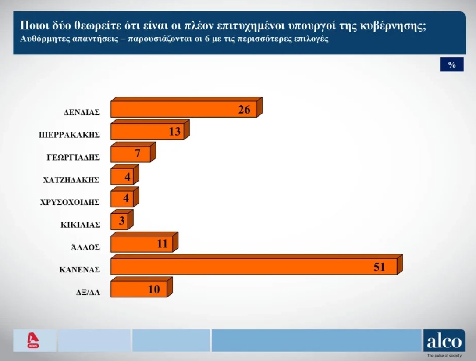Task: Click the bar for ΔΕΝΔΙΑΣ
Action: (x=186, y=107)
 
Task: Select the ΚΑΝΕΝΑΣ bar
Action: (x=256, y=264)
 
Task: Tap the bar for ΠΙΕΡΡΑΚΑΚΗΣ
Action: (x=150, y=130)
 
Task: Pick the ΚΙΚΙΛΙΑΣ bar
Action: (x=122, y=220)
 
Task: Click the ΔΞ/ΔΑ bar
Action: (x=142, y=287)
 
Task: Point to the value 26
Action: (x=244, y=109)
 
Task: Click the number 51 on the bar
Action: (x=379, y=267)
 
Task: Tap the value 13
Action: (x=174, y=131)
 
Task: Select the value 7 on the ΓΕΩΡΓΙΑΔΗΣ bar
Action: (x=138, y=154)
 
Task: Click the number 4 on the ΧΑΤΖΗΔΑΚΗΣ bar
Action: (x=128, y=176)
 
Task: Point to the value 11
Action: (x=162, y=244)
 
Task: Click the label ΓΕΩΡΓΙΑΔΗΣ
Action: (x=73, y=157)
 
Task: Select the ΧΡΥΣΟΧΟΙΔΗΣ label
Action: (x=70, y=202)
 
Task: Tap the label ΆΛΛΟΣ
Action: (x=85, y=247)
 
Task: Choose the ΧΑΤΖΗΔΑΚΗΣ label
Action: (x=71, y=180)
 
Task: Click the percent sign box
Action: (x=452, y=64)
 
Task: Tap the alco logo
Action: (x=444, y=341)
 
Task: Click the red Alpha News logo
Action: (x=33, y=340)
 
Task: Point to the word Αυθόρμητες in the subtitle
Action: (x=43, y=39)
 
